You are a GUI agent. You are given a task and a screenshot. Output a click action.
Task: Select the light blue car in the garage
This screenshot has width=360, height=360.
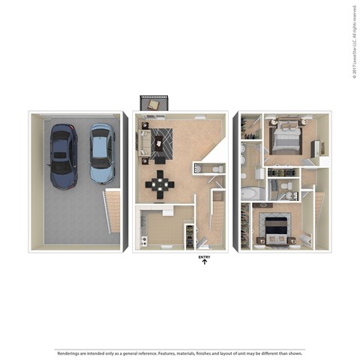[102, 153]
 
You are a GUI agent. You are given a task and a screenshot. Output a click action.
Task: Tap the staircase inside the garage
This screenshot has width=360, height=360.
[112, 211]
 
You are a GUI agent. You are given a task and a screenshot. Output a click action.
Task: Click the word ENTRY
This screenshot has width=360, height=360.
[204, 257]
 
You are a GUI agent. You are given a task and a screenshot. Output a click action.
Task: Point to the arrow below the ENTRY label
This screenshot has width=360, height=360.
[204, 263]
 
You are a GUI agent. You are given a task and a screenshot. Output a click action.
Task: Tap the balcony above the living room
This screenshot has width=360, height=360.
[154, 103]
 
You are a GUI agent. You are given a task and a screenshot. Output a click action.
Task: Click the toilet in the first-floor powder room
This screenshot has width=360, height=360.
[215, 169]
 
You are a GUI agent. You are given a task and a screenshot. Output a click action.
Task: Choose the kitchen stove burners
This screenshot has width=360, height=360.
[189, 234]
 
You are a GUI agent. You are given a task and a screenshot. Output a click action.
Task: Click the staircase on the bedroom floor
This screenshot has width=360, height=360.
[319, 217]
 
